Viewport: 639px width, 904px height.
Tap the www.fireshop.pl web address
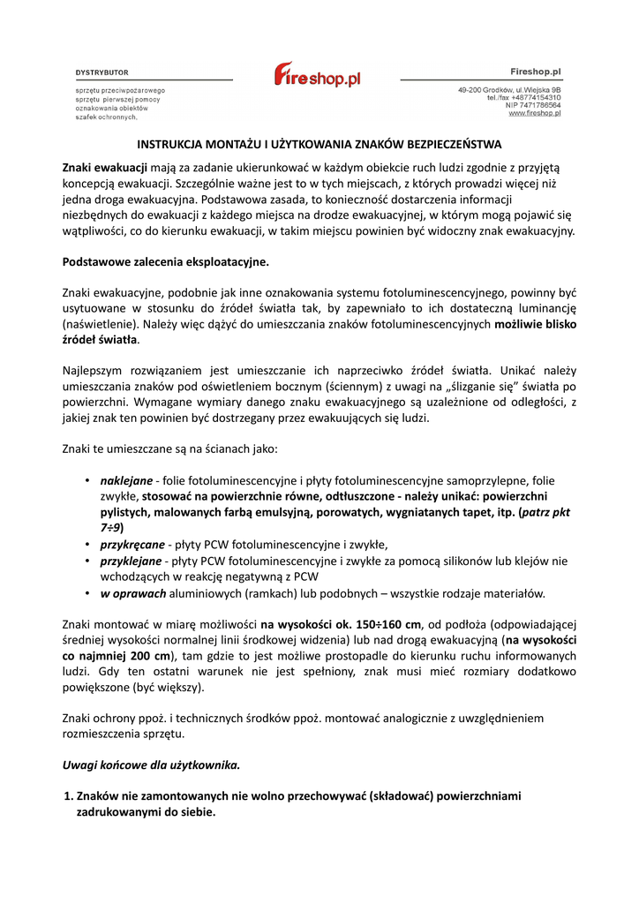[x=536, y=114]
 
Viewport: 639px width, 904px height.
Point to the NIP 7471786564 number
[x=530, y=106]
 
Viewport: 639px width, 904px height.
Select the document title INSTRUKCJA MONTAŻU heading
[x=319, y=144]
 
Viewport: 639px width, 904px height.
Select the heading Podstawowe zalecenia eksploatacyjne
[x=165, y=262]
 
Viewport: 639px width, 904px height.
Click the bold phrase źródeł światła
[x=99, y=339]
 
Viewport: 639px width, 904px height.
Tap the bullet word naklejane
[x=126, y=481]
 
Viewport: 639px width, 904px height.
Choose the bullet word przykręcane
[x=131, y=545]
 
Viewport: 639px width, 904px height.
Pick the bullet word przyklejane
[x=131, y=561]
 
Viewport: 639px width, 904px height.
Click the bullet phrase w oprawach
[x=130, y=592]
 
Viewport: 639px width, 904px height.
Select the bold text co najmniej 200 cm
[x=116, y=656]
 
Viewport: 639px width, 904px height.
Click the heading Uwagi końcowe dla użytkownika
[x=151, y=764]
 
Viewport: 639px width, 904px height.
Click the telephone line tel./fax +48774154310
[x=523, y=98]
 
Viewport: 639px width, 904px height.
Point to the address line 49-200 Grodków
[x=509, y=90]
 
